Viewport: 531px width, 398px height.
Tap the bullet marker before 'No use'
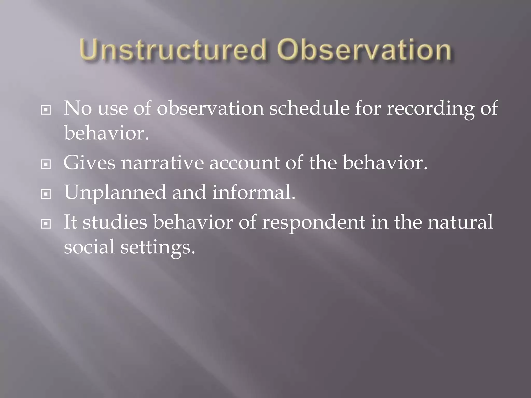point(46,110)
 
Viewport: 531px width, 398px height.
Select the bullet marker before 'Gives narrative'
point(46,164)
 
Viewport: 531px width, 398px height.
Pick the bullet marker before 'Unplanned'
point(46,194)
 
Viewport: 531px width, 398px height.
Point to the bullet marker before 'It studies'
point(46,224)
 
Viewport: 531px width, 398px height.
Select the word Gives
point(89,163)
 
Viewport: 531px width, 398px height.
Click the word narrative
point(162,163)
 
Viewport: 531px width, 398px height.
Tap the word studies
point(115,222)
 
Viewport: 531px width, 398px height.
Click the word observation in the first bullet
point(210,108)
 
